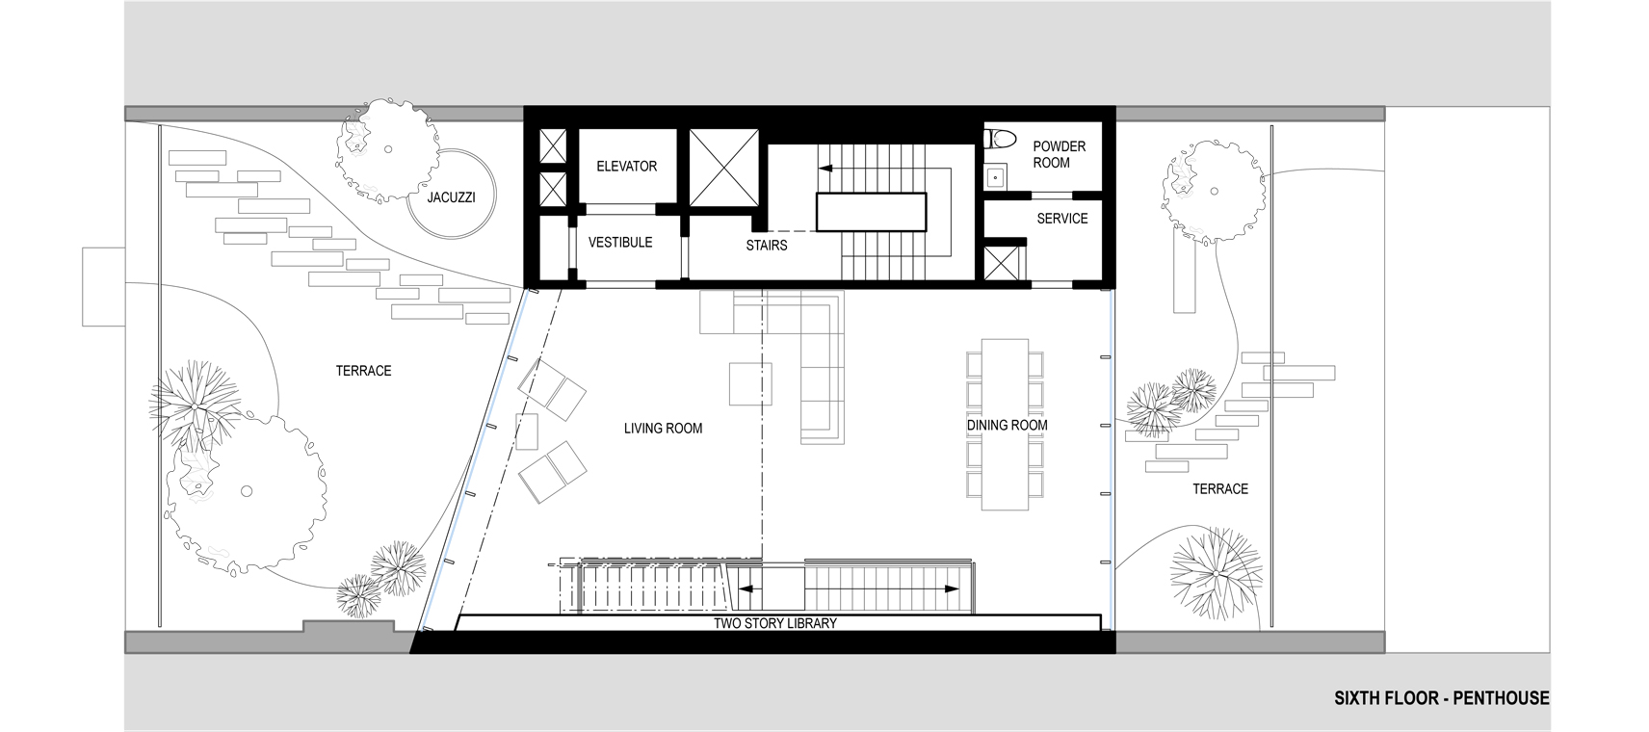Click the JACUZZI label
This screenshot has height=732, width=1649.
pos(452,197)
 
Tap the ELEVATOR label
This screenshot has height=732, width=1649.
pos(626,167)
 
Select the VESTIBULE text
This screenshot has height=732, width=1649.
pos(620,243)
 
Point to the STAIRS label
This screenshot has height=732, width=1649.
pos(767,246)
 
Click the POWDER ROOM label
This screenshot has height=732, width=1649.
pos(1059,155)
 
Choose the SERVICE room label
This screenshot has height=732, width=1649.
pos(1062,219)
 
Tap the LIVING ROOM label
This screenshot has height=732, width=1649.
pos(663,429)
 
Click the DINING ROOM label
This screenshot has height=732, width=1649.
pos(1007,426)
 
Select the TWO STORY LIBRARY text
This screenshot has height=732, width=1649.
pos(775,624)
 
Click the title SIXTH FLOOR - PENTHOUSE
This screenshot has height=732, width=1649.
pos(1442,698)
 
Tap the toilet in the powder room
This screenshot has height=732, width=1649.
pos(1001,138)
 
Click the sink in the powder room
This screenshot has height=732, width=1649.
pos(995,177)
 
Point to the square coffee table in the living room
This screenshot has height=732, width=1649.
pos(750,383)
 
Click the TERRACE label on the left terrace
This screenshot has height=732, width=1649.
pos(364,371)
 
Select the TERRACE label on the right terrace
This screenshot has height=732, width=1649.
pos(1220,489)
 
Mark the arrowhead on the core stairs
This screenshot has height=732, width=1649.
pos(826,169)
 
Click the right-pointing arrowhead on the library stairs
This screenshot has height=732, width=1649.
pos(952,589)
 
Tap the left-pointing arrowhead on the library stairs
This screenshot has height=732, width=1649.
pos(745,589)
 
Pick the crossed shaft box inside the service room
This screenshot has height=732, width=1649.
pos(1001,263)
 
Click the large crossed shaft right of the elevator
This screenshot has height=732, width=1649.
pos(723,168)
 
